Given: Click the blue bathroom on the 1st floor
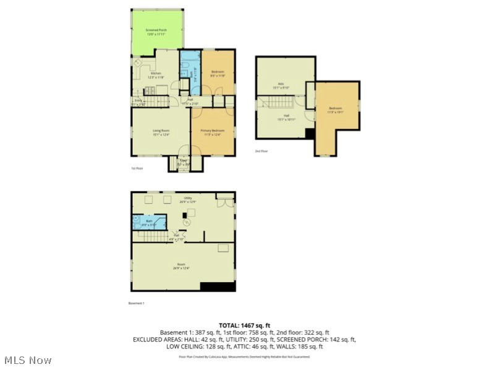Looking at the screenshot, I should pyautogui.click(x=187, y=77).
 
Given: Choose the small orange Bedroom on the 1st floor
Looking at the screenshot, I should pyautogui.click(x=218, y=74).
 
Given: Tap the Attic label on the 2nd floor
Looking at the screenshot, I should pyautogui.click(x=282, y=85).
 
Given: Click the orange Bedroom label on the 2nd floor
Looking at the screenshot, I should pyautogui.click(x=335, y=110).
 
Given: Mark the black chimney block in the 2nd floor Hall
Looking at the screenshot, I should pyautogui.click(x=310, y=134).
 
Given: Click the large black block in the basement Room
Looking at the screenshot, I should pyautogui.click(x=218, y=287).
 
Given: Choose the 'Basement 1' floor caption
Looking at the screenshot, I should pyautogui.click(x=136, y=303).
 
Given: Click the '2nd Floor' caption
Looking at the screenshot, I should pyautogui.click(x=262, y=151).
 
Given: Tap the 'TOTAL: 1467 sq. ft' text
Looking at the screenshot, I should pyautogui.click(x=244, y=325).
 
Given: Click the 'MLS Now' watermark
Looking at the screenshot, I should pyautogui.click(x=27, y=360).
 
